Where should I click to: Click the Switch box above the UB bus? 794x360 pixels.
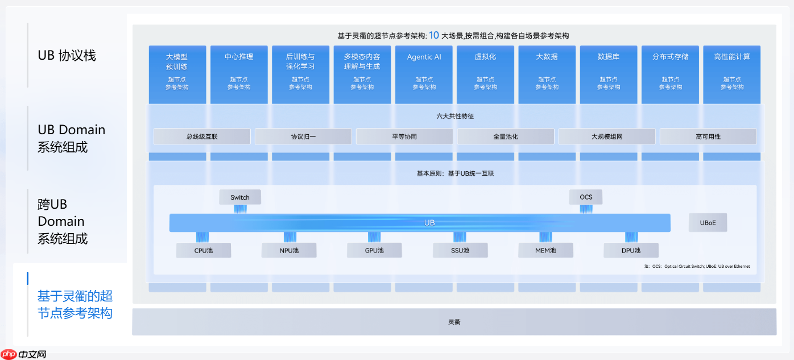tap(240, 197)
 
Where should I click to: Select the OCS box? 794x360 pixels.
tap(586, 197)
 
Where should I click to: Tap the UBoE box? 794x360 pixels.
tap(708, 223)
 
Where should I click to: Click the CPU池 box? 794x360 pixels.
tap(204, 250)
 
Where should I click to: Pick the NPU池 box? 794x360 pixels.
tap(289, 250)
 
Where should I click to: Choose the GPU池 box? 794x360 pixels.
tap(374, 250)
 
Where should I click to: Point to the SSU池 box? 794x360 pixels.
tap(460, 250)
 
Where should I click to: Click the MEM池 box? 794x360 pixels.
tap(545, 250)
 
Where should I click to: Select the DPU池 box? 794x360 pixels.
tap(631, 250)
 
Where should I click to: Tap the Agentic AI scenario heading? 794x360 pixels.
tap(424, 57)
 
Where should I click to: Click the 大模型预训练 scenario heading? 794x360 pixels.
tap(177, 61)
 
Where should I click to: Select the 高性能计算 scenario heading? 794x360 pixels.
tap(732, 57)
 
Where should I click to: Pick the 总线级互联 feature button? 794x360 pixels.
tap(202, 136)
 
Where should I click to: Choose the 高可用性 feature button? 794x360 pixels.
tap(708, 136)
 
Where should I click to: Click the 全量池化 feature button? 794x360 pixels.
tap(506, 136)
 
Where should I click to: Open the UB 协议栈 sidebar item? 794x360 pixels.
tap(67, 56)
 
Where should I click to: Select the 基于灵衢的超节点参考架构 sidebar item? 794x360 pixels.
tap(75, 304)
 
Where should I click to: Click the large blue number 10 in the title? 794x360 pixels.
tap(434, 35)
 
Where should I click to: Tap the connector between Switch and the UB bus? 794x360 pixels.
tap(240, 209)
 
